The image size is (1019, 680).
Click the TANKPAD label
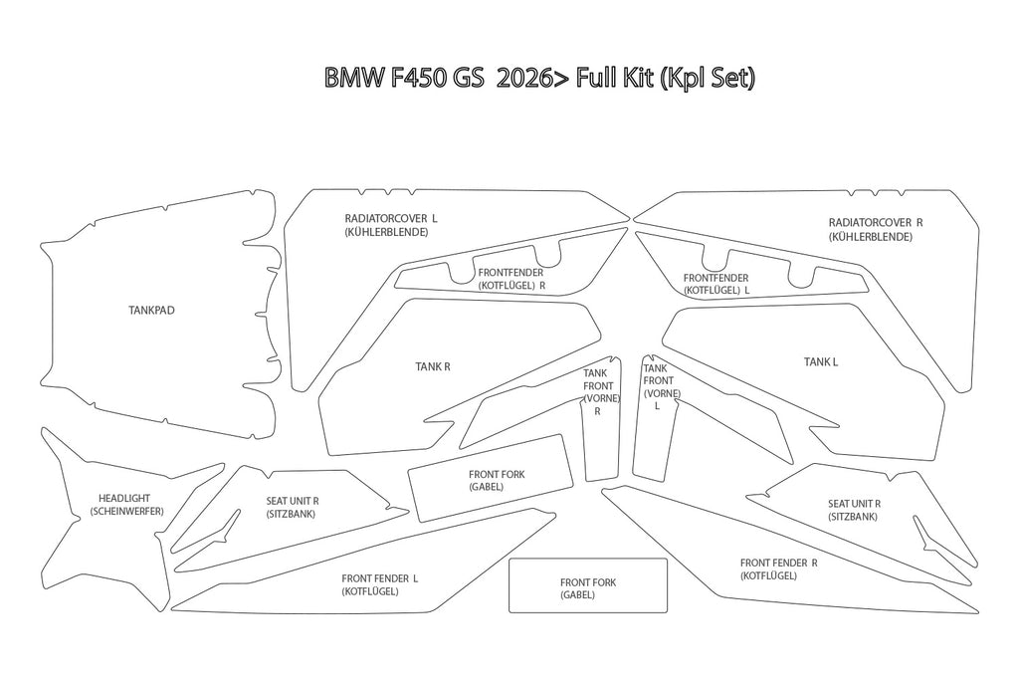click(x=151, y=310)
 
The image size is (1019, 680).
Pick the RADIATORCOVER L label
click(x=390, y=218)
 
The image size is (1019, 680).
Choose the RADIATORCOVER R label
click(x=876, y=222)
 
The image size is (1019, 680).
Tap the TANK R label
click(x=433, y=366)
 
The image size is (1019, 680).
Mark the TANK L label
click(x=821, y=362)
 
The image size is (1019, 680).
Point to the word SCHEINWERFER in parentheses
click(x=126, y=512)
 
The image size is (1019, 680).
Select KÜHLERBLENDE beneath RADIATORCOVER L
click(x=386, y=232)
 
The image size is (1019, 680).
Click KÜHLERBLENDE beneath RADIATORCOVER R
click(x=870, y=237)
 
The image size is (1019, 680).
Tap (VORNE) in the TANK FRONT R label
click(x=602, y=398)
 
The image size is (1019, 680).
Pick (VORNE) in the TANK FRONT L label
click(x=662, y=393)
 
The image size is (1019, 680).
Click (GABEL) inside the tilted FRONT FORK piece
click(x=486, y=487)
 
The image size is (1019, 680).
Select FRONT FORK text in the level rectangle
click(x=588, y=582)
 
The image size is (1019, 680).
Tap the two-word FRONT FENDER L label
click(x=379, y=578)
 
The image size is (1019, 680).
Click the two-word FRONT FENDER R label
click(x=778, y=563)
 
